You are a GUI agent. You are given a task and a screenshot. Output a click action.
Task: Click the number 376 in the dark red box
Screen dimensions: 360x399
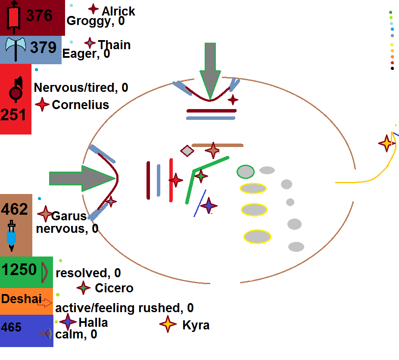point(39,16)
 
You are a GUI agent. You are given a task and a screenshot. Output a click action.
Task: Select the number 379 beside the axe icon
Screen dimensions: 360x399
point(43,47)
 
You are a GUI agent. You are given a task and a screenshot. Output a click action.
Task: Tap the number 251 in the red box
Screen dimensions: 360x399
point(13,115)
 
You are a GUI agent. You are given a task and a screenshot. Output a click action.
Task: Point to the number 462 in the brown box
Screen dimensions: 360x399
point(15,210)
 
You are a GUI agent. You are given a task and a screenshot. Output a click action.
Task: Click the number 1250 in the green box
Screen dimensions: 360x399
point(19,270)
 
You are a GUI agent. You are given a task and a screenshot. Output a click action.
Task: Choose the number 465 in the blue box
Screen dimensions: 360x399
point(11,328)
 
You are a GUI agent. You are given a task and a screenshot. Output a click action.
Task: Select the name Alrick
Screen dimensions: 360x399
point(118,11)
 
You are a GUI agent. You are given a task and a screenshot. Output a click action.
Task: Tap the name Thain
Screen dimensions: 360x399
point(114,45)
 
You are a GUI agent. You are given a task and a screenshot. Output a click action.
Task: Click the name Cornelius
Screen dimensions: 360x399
point(80,105)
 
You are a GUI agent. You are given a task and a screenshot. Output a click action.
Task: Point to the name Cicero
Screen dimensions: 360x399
point(114,288)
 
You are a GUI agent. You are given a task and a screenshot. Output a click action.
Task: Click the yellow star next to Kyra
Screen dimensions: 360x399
point(168,324)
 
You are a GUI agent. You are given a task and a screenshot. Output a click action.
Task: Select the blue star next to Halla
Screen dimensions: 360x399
point(68,322)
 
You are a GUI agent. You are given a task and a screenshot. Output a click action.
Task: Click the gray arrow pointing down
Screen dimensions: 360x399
point(210,69)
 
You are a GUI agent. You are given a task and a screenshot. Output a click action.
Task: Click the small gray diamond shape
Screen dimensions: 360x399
point(187,150)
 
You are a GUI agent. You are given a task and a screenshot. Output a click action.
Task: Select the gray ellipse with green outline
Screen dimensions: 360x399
point(246,172)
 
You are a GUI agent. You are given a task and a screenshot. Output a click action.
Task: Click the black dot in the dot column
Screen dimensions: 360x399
point(392,68)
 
